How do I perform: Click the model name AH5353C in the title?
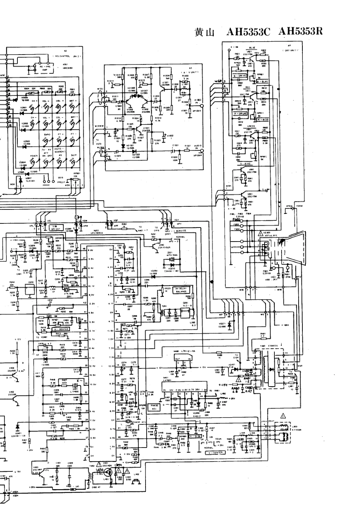click(248, 32)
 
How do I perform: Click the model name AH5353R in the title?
click(301, 31)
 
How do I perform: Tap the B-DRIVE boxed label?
click(240, 76)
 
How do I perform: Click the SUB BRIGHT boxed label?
click(57, 228)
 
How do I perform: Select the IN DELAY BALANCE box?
click(183, 290)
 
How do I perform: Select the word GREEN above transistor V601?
click(251, 126)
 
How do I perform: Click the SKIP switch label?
click(73, 155)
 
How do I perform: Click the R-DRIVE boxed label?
click(240, 113)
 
